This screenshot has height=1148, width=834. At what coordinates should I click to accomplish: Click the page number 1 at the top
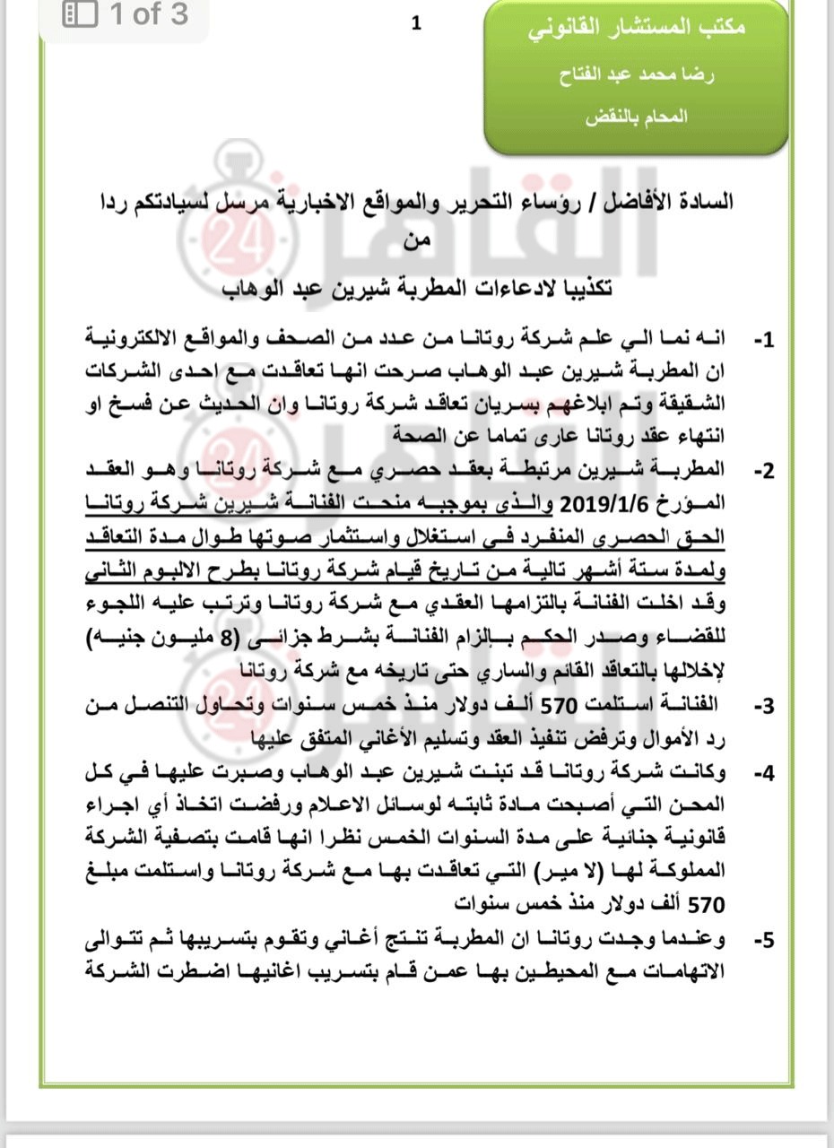416,24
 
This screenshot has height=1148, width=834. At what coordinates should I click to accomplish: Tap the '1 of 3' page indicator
149,14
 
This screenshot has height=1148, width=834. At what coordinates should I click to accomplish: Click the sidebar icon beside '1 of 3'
80,14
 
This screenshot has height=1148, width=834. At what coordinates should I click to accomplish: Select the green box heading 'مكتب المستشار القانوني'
637,27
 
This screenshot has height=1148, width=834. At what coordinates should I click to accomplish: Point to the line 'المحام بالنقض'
637,117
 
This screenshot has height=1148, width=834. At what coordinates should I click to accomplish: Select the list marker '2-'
763,471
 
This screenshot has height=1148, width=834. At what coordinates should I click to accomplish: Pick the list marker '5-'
763,941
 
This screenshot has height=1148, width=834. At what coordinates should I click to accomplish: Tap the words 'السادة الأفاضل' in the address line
676,202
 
